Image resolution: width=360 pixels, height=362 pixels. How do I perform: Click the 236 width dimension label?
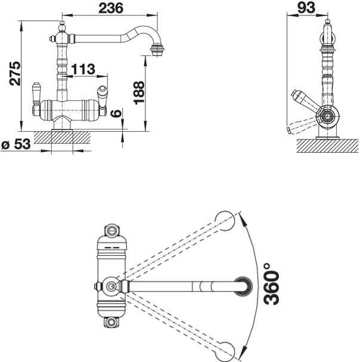pyautogui.click(x=111, y=8)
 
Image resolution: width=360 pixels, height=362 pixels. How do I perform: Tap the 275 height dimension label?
pyautogui.click(x=15, y=73)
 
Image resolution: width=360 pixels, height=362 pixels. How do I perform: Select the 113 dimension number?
pyautogui.click(x=83, y=69)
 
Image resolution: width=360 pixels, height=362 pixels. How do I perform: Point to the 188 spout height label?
pyautogui.click(x=139, y=93)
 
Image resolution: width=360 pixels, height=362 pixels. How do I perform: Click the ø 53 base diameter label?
pyautogui.click(x=16, y=144)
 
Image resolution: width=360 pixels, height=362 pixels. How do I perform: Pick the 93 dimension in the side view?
pyautogui.click(x=306, y=7)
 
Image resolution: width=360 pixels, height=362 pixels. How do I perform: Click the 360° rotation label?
pyautogui.click(x=271, y=284)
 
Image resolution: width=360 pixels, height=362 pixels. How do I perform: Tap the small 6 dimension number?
pyautogui.click(x=116, y=113)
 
